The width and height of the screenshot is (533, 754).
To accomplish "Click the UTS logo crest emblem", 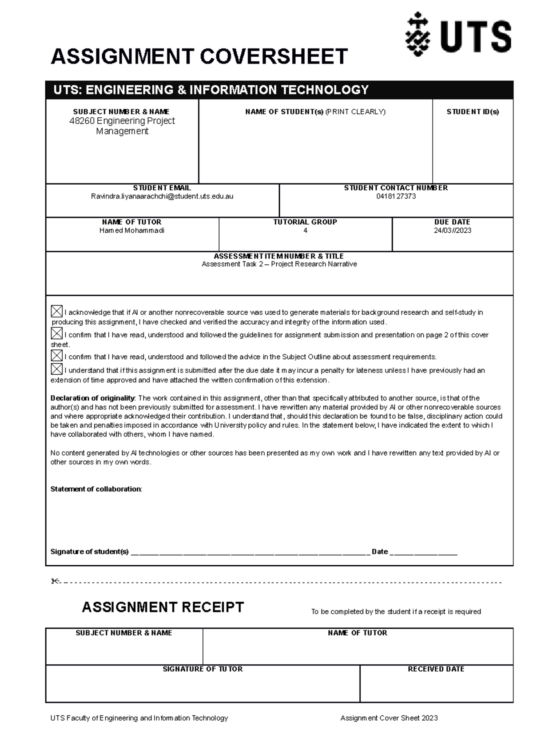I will coord(417,35).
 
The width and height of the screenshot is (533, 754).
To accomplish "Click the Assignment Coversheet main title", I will coord(199,57).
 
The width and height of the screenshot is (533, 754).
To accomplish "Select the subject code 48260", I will coord(82,121).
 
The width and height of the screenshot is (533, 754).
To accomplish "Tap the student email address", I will coord(162,196).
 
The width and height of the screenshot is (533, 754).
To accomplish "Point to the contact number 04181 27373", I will coord(396,196).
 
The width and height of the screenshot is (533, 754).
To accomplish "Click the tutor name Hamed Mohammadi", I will coord(131,230).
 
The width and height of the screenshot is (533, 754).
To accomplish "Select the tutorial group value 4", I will coord(305,230).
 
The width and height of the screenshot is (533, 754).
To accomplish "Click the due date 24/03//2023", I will coord(452,230).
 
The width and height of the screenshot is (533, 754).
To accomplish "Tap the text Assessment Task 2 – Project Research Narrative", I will coord(279,264).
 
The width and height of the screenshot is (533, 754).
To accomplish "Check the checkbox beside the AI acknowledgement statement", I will coord(56,311).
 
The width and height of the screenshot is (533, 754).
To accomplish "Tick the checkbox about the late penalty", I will coord(56,369).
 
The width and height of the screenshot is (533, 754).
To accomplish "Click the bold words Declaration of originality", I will coord(92,398).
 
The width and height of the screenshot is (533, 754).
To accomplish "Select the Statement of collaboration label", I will coord(96,489).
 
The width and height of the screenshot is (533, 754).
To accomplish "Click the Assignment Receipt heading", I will coord(163,607).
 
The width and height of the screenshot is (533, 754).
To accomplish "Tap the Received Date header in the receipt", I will coord(436,669).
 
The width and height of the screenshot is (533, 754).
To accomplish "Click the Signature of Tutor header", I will coord(203,669).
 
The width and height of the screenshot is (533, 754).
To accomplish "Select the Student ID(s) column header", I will coord(473,112).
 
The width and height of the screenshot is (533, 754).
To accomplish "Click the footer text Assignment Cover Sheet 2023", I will coord(389,718).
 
